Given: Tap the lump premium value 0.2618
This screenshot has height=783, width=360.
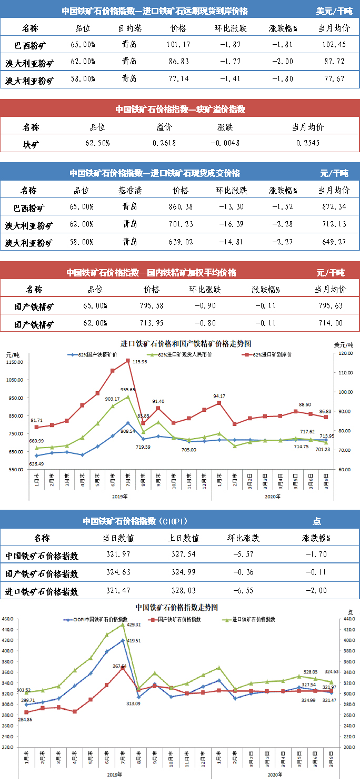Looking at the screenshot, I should pos(163,143).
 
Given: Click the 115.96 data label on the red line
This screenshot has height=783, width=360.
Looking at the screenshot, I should pos(139,362).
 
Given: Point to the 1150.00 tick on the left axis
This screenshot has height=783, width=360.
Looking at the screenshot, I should pos(15,362).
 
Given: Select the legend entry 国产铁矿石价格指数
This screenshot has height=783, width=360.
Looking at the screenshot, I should pos(179,620).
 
